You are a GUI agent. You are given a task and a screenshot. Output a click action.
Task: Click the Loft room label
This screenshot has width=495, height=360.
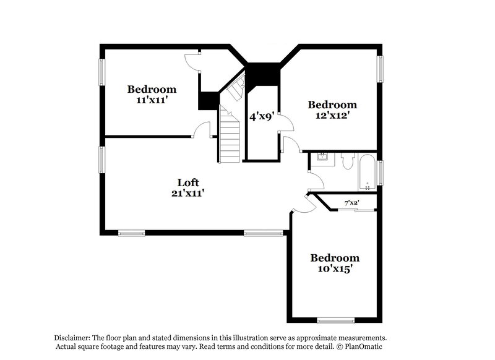tap(187, 182)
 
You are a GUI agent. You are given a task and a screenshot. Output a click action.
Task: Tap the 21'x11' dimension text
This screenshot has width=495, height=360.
tap(187, 193)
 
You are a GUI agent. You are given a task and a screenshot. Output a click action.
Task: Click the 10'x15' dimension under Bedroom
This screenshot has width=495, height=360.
tap(334, 268)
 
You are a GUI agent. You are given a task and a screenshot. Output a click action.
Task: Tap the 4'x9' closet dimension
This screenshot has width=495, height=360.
tap(261, 116)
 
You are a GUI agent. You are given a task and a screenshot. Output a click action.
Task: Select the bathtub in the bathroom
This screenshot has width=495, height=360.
tap(367, 173)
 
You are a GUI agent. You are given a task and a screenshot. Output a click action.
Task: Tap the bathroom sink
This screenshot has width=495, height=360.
tap(322, 160)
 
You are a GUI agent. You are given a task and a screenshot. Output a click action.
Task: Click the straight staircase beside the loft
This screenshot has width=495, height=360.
tap(229, 135)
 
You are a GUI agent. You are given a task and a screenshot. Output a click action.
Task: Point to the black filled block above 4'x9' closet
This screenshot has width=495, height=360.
tap(263, 77)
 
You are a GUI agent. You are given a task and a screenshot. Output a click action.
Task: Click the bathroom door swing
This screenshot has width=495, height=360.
tap(316, 180)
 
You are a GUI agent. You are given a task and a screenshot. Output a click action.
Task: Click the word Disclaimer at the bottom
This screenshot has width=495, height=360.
tap(72, 338)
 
